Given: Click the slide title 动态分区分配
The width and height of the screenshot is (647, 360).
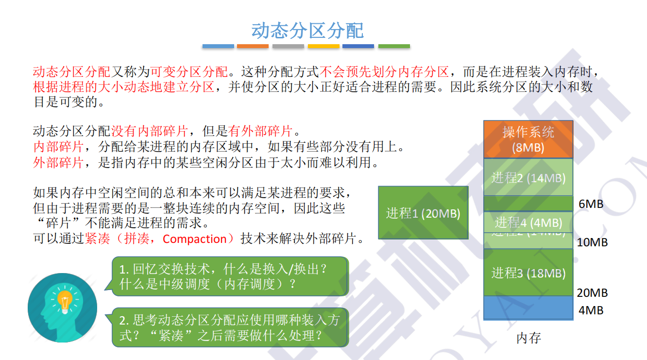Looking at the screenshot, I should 307,30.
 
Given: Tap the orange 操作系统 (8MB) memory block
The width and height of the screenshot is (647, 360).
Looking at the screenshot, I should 528,139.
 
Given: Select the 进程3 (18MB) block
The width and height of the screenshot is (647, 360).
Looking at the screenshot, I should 528,273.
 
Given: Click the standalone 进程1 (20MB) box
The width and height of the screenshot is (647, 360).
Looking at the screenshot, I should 423,213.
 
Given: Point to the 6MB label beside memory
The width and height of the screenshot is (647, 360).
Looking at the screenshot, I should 591,204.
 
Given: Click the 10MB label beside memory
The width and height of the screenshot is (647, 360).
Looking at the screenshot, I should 592,242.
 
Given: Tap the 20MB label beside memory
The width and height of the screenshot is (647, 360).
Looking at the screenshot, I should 592,292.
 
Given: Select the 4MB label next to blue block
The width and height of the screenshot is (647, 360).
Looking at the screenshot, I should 591,310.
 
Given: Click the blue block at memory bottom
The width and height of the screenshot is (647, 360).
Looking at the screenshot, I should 528,308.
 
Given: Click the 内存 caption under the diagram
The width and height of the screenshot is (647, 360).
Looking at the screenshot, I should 528,338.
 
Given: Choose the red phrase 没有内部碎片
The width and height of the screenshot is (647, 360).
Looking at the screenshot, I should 150,131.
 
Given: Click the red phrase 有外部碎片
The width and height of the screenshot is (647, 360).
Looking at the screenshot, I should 260,131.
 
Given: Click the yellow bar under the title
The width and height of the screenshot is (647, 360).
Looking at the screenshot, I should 323,47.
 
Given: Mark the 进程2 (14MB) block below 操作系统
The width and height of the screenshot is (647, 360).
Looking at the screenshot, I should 528,177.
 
